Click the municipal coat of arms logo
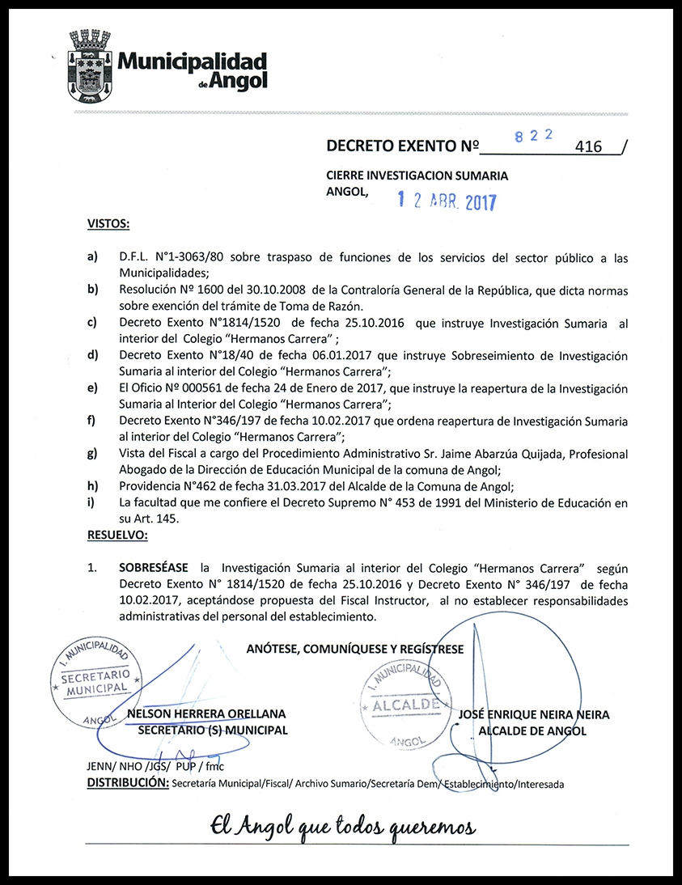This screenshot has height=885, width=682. tap(90, 65)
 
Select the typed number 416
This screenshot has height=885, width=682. tap(588, 147)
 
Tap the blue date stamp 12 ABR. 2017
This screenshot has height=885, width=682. tap(447, 201)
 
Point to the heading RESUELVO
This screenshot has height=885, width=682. tap(116, 536)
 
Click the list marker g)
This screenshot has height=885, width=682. tap(92, 454)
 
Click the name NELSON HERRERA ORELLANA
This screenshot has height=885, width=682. tap(207, 714)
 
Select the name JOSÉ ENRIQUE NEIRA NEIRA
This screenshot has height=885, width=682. tap(534, 715)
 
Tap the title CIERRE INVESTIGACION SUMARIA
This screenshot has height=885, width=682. tap(417, 176)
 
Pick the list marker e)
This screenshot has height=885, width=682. tap(92, 388)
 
